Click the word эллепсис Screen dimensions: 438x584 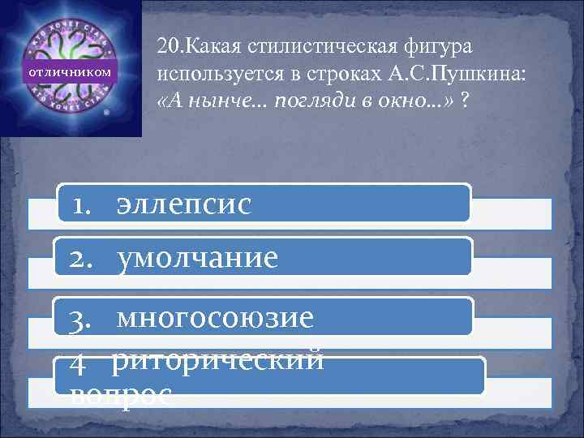click(x=183, y=203)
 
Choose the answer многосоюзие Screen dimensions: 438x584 click(x=215, y=318)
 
